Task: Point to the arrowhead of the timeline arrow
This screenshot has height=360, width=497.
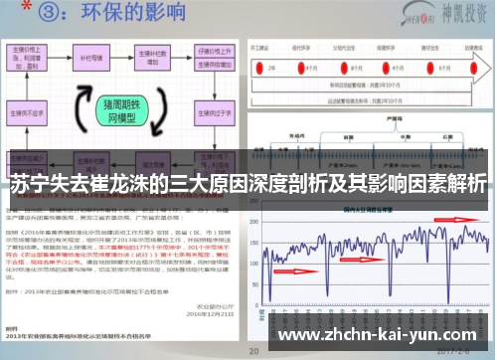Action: click(x=486, y=68)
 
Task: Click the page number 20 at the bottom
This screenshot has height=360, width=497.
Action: click(x=255, y=351)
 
